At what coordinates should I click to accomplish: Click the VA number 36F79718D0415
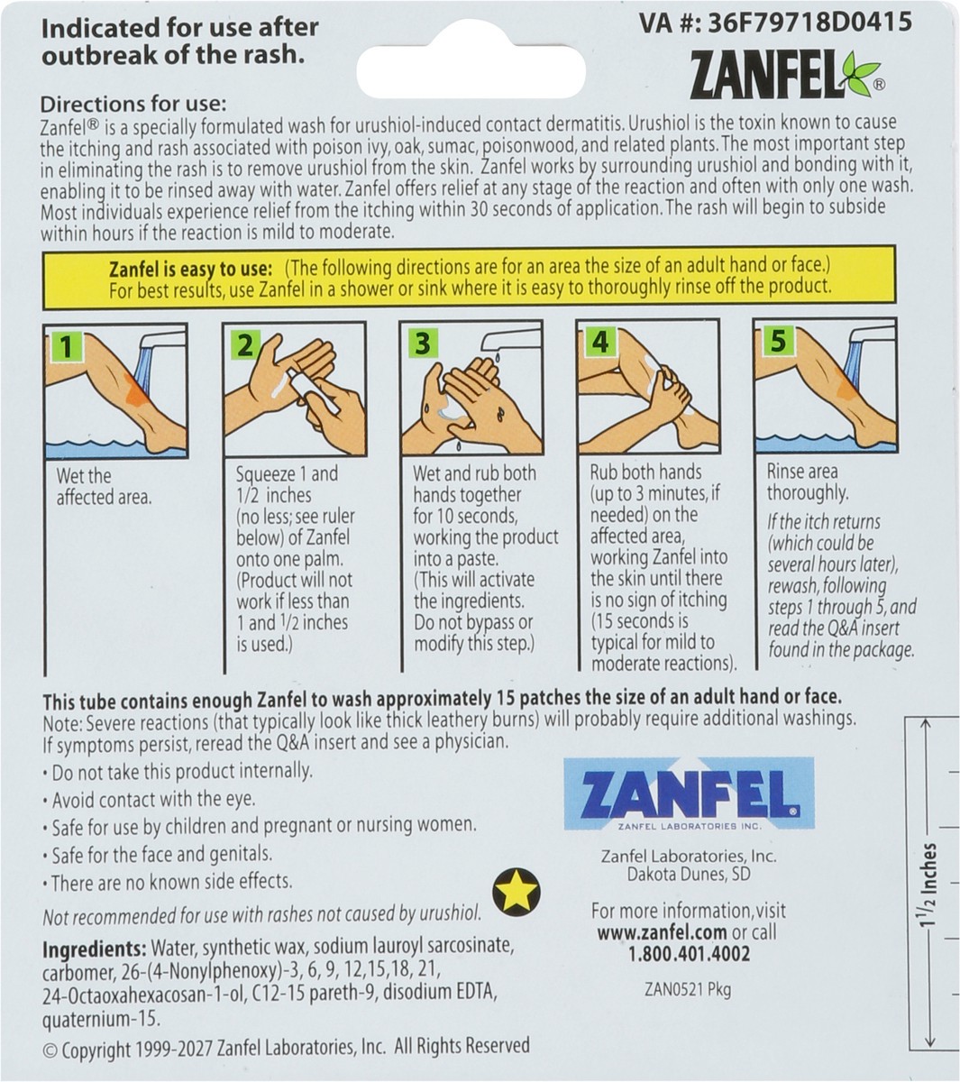[809, 23]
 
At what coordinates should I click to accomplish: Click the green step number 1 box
[66, 346]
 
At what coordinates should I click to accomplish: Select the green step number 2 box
[244, 345]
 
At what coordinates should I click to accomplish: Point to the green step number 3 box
[423, 344]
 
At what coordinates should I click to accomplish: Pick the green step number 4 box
[600, 342]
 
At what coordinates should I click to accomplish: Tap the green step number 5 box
[778, 340]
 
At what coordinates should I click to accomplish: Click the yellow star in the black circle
[516, 892]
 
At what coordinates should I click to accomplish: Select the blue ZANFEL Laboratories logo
[689, 793]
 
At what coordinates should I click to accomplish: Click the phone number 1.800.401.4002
[690, 953]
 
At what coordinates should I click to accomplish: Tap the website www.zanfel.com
[662, 932]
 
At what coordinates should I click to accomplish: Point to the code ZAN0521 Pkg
[688, 990]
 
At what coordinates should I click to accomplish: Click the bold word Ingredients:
[95, 949]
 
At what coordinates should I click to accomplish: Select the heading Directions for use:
[133, 104]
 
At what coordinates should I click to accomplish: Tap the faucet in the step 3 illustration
[511, 339]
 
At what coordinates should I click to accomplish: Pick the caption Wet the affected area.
[105, 486]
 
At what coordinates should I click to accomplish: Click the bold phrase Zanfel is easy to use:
[190, 269]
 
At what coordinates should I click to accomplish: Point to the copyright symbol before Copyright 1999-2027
[50, 1050]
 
